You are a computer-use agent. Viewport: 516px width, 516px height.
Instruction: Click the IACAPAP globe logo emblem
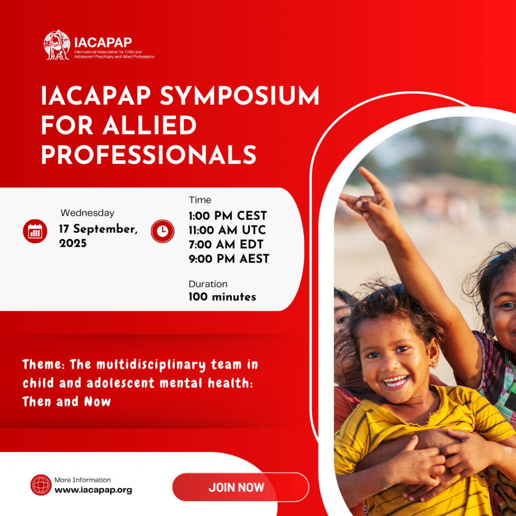pos(57,45)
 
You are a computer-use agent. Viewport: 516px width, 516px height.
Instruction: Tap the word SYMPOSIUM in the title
pos(239,96)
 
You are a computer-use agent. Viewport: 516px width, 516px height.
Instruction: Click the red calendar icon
pos(35,231)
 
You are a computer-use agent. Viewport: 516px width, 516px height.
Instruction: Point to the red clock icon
pos(163,231)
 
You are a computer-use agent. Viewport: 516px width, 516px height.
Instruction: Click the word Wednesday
pos(88,213)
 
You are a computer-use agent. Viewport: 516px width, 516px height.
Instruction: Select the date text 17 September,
pos(98,229)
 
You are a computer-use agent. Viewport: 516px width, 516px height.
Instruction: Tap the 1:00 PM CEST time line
pos(228,216)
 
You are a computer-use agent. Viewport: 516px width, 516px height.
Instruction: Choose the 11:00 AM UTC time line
pos(227,230)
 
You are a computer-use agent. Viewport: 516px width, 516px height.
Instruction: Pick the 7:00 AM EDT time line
pos(226,244)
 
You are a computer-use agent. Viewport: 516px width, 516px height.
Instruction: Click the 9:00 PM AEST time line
pos(229,259)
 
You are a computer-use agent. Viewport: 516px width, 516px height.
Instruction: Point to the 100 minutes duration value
pos(222,297)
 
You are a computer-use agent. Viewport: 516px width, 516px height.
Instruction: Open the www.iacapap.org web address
pos(93,490)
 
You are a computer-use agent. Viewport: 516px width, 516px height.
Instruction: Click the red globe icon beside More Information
pos(41,485)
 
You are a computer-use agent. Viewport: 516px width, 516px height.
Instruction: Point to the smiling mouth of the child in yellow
pos(395,382)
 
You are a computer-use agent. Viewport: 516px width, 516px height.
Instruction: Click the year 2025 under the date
pos(73,243)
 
